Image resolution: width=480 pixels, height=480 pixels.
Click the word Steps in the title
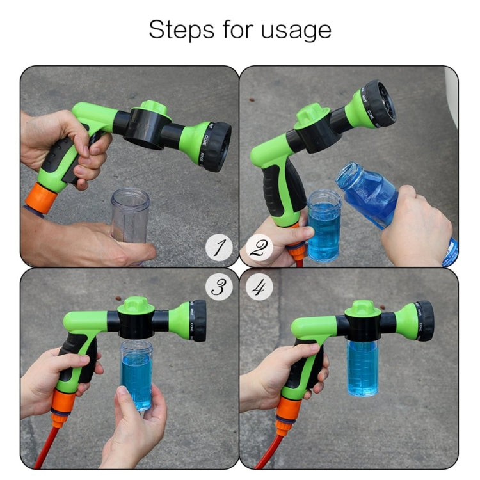pyautogui.click(x=180, y=30)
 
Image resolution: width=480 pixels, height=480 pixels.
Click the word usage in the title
pyautogui.click(x=298, y=30)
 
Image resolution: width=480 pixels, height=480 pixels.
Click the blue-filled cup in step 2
pyautogui.click(x=324, y=227)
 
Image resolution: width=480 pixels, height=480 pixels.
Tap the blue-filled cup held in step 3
pyautogui.click(x=136, y=374)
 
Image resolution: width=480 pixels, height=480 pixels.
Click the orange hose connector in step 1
pyautogui.click(x=40, y=195)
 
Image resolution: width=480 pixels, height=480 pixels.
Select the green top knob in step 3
pyautogui.click(x=136, y=305)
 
